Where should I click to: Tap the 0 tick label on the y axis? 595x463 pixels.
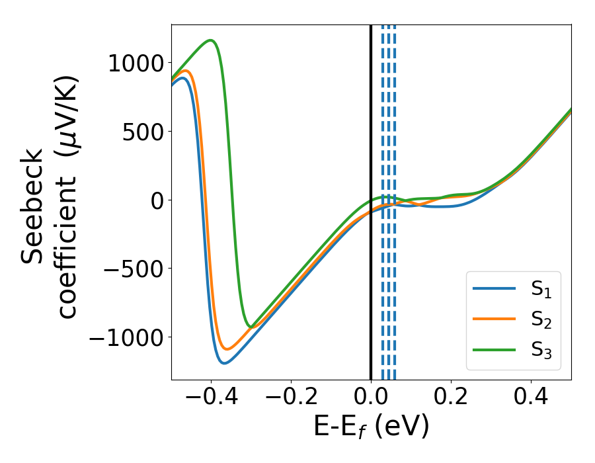point(157,200)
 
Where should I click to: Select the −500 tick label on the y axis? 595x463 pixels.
point(132,269)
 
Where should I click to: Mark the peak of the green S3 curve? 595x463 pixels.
point(212,40)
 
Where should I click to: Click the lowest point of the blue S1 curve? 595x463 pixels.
point(225,363)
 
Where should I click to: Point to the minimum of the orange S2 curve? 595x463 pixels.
point(227,349)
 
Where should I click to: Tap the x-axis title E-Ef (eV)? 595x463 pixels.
point(371,426)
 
